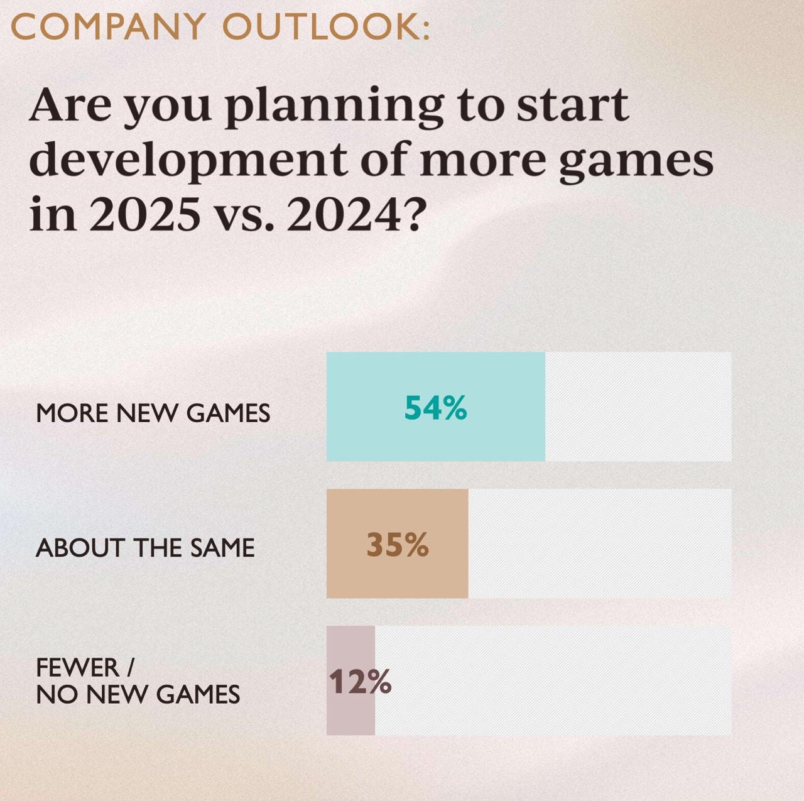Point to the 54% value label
[x=435, y=408]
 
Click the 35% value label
[x=397, y=545]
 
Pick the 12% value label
[x=360, y=682]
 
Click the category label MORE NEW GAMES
[x=153, y=413]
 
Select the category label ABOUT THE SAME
[x=145, y=548]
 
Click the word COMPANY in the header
[x=107, y=27]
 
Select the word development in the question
[x=187, y=160]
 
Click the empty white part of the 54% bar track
[x=638, y=407]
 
